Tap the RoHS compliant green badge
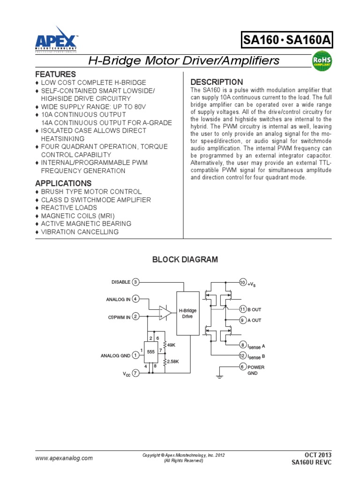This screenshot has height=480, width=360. pyautogui.click(x=322, y=62)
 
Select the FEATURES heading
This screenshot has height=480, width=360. pyautogui.click(x=55, y=75)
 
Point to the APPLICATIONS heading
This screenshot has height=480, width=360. pyautogui.click(x=63, y=183)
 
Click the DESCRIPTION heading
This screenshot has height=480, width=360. pyautogui.click(x=217, y=82)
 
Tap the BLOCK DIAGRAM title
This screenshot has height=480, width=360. pyautogui.click(x=185, y=260)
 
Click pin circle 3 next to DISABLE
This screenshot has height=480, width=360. pyautogui.click(x=135, y=282)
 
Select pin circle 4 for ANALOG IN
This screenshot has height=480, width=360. pyautogui.click(x=135, y=299)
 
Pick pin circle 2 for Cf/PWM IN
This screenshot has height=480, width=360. pyautogui.click(x=135, y=316)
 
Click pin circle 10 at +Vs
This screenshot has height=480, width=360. pyautogui.click(x=242, y=283)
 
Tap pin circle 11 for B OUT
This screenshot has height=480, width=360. pyautogui.click(x=242, y=309)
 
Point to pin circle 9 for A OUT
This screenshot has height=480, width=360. pyautogui.click(x=242, y=320)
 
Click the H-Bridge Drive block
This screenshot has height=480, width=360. pyautogui.click(x=187, y=313)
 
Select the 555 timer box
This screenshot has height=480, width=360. pyautogui.click(x=151, y=352)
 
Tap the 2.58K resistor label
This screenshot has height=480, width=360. pyautogui.click(x=173, y=361)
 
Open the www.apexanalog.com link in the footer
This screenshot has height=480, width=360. pyautogui.click(x=64, y=458)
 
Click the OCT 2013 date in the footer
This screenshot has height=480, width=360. pyautogui.click(x=318, y=455)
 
